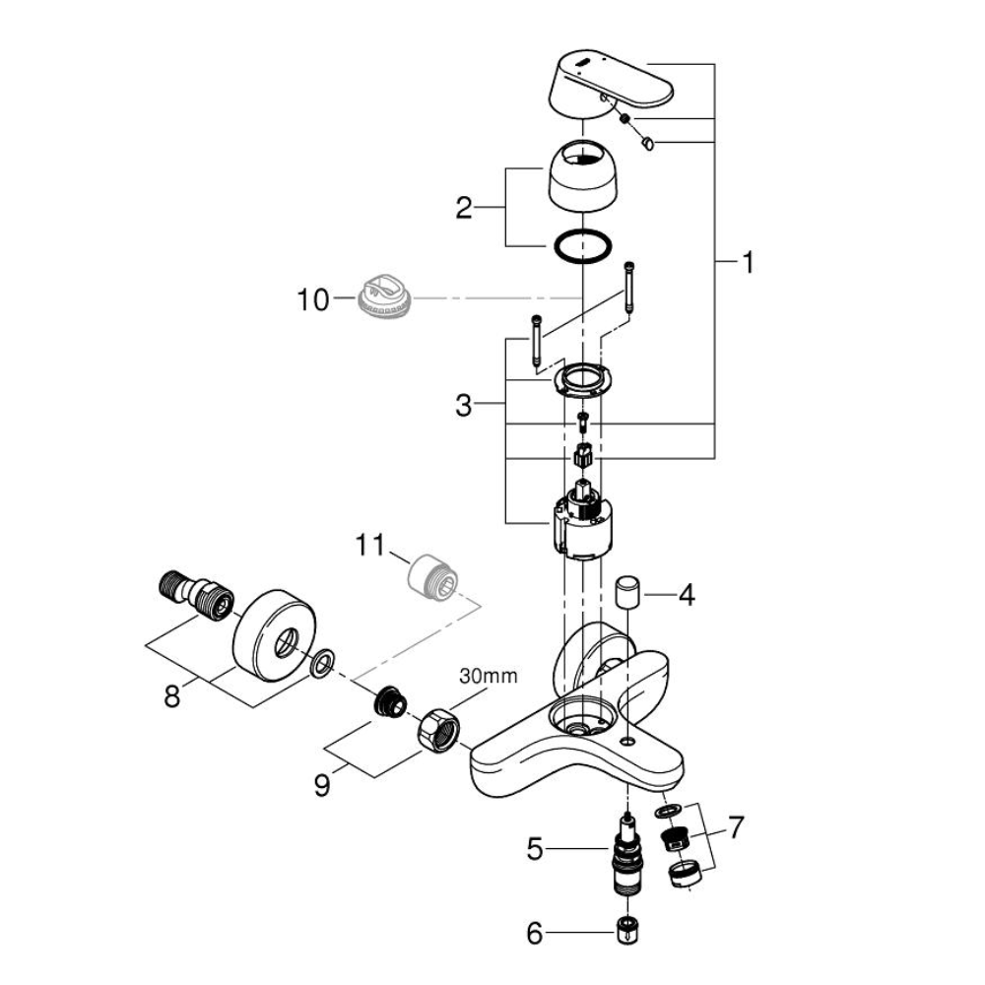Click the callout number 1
(x=748, y=262)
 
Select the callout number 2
(x=464, y=208)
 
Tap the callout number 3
(x=464, y=406)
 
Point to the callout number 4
(x=687, y=595)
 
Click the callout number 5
(x=535, y=849)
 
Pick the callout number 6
(x=535, y=934)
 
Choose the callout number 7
(x=736, y=827)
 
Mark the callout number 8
(x=172, y=696)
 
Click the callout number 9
(x=322, y=785)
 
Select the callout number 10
(x=313, y=299)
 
